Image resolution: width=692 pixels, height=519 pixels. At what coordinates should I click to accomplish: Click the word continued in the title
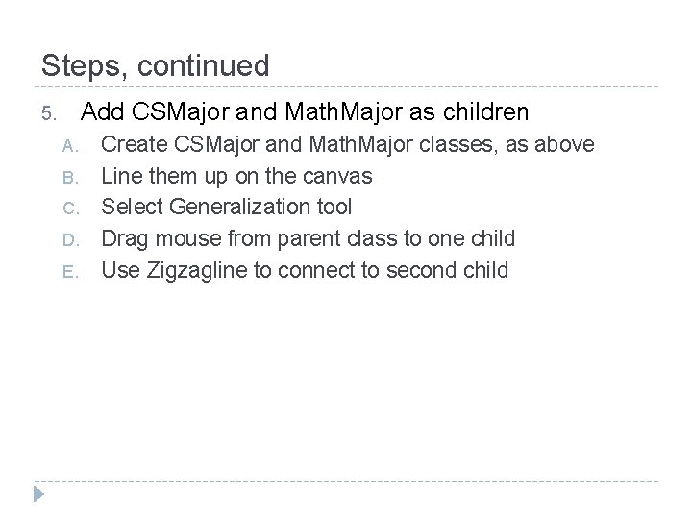coord(204,66)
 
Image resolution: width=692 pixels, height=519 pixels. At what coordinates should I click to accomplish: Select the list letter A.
coord(67,146)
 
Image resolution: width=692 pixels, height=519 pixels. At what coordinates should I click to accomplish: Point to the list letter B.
coord(67,178)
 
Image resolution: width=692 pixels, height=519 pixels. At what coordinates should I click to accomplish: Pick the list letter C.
coord(67,209)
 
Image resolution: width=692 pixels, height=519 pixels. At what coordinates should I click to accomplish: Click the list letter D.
coord(67,239)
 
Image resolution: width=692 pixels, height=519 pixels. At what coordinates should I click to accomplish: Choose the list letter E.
coord(67,271)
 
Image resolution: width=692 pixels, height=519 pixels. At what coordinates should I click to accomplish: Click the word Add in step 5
coord(102,113)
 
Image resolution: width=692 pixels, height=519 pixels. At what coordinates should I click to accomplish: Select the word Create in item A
coord(134,145)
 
